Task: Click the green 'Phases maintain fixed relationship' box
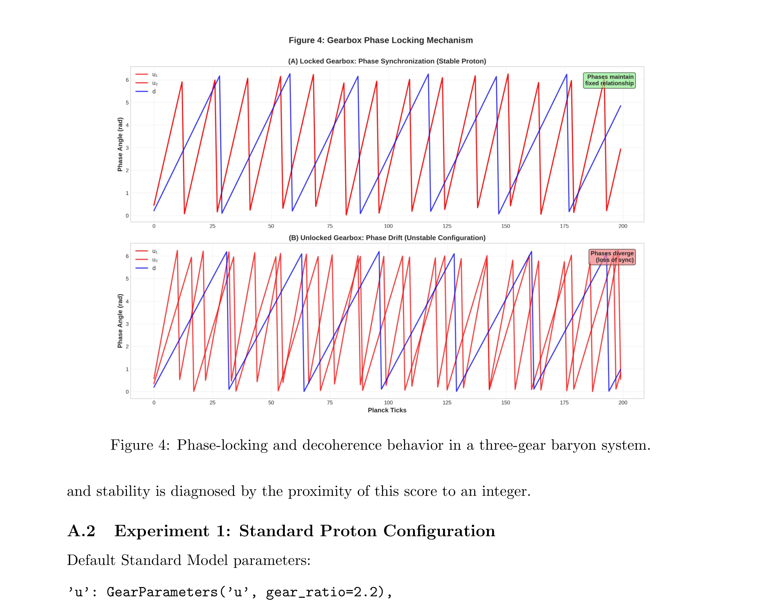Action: (x=609, y=80)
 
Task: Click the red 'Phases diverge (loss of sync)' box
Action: (x=612, y=256)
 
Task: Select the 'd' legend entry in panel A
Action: (x=154, y=91)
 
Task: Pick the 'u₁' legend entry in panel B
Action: (x=155, y=251)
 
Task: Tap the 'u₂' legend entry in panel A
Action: (x=155, y=83)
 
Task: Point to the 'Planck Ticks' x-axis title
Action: (x=387, y=410)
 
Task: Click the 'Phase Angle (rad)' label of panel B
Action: (x=120, y=321)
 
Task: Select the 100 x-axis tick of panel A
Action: (x=388, y=226)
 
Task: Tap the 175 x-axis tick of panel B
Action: (x=564, y=402)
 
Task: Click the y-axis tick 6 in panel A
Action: (x=127, y=80)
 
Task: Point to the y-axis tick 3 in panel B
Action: (x=127, y=324)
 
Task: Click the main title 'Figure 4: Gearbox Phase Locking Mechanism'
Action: (x=380, y=40)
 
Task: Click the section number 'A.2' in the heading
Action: (x=81, y=531)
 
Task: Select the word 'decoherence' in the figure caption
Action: (x=342, y=445)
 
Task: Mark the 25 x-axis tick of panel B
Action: (x=212, y=402)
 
